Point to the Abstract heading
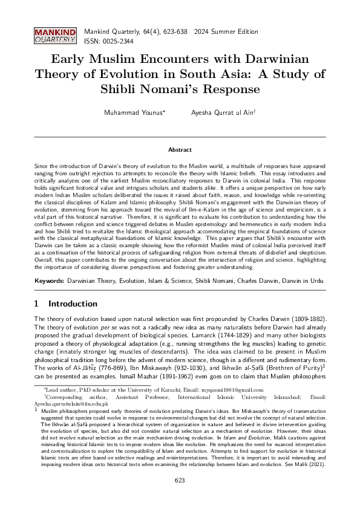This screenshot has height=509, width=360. [x=180, y=149]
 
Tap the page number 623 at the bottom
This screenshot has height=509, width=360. [x=180, y=497]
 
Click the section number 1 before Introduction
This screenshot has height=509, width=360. [x=37, y=303]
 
